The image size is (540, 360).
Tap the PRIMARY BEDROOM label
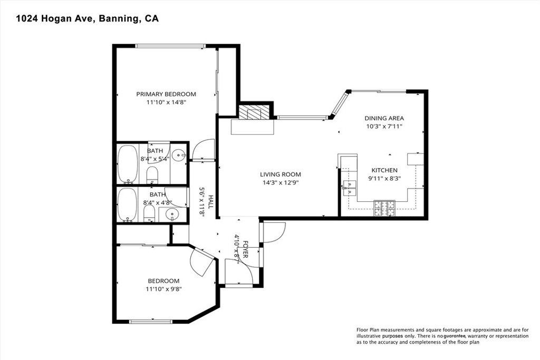point(166,94)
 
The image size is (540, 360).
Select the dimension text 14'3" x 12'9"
point(280,183)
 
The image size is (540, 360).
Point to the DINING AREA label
point(384,119)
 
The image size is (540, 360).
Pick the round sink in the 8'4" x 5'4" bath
point(180,155)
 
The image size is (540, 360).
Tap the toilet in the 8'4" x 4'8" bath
point(149,213)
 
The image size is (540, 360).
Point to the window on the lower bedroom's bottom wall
point(151,321)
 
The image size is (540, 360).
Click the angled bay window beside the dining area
point(339,105)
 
